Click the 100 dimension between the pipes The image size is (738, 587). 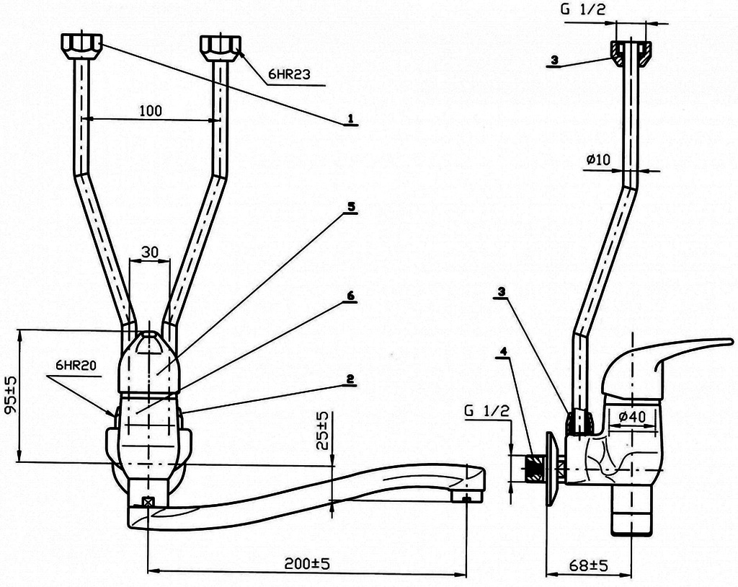[x=151, y=111]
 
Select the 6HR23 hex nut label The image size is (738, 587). [x=289, y=74]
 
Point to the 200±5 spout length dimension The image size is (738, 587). [x=308, y=563]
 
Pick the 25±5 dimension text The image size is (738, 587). [x=322, y=431]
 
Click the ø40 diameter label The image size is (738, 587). [x=632, y=416]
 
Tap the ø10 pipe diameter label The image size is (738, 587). [x=597, y=159]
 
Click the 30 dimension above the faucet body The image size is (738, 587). [x=150, y=252]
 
